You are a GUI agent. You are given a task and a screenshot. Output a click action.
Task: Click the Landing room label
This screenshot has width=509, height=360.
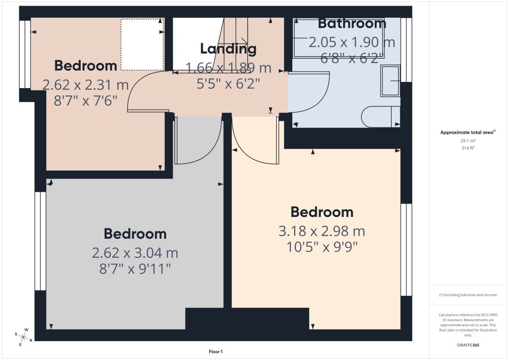[x=228, y=48]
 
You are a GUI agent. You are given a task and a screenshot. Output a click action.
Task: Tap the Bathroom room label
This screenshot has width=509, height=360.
[x=352, y=23]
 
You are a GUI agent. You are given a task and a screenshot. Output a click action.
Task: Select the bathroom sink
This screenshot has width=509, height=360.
[x=391, y=80]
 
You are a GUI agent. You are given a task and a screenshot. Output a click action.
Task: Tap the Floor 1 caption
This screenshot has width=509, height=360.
[x=216, y=352]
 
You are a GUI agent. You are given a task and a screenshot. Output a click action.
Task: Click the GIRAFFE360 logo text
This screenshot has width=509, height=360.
[x=469, y=345]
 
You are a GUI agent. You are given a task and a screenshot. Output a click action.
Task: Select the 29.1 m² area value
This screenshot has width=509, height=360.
[x=469, y=140]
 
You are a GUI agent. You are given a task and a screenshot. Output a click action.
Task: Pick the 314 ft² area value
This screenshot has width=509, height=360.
[x=469, y=148]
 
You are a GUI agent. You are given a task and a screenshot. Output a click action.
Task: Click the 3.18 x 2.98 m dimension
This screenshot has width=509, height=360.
[x=322, y=231]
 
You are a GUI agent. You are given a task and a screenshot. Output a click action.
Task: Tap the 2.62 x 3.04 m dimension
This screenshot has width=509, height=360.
[x=135, y=253]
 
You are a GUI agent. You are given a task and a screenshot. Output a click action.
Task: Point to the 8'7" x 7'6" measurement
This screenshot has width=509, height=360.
[x=85, y=100]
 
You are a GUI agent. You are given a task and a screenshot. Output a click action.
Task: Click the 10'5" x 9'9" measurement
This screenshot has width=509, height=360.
[x=322, y=247]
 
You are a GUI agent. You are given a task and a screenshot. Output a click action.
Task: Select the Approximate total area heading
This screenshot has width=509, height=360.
[x=468, y=133]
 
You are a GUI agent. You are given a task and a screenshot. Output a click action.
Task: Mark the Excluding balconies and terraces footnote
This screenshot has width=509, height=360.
[x=468, y=295]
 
